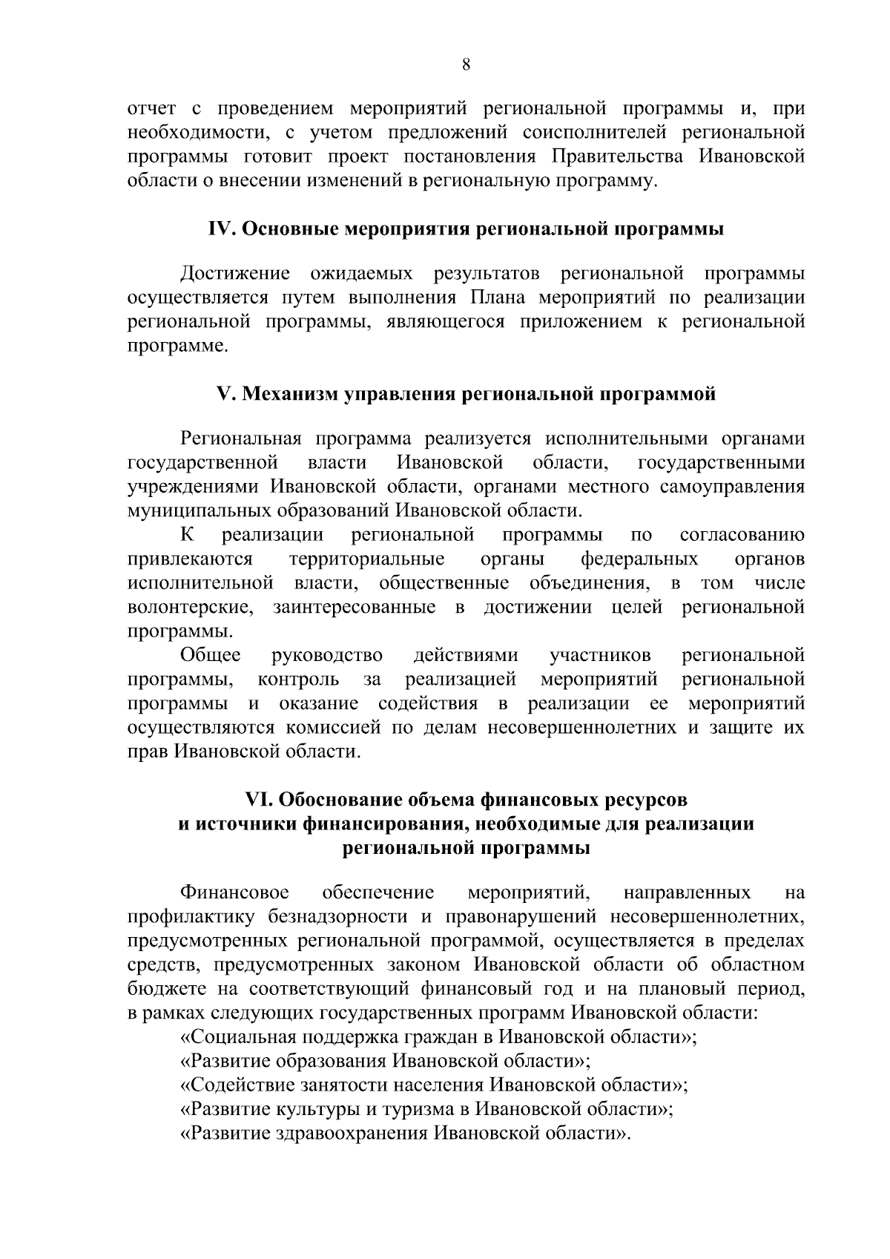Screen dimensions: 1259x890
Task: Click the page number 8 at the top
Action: click(466, 65)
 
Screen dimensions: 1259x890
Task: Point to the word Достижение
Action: click(235, 275)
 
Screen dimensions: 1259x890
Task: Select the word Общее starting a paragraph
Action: click(211, 656)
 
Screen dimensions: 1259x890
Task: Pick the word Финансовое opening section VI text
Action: click(235, 893)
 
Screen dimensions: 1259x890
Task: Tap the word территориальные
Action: click(366, 559)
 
